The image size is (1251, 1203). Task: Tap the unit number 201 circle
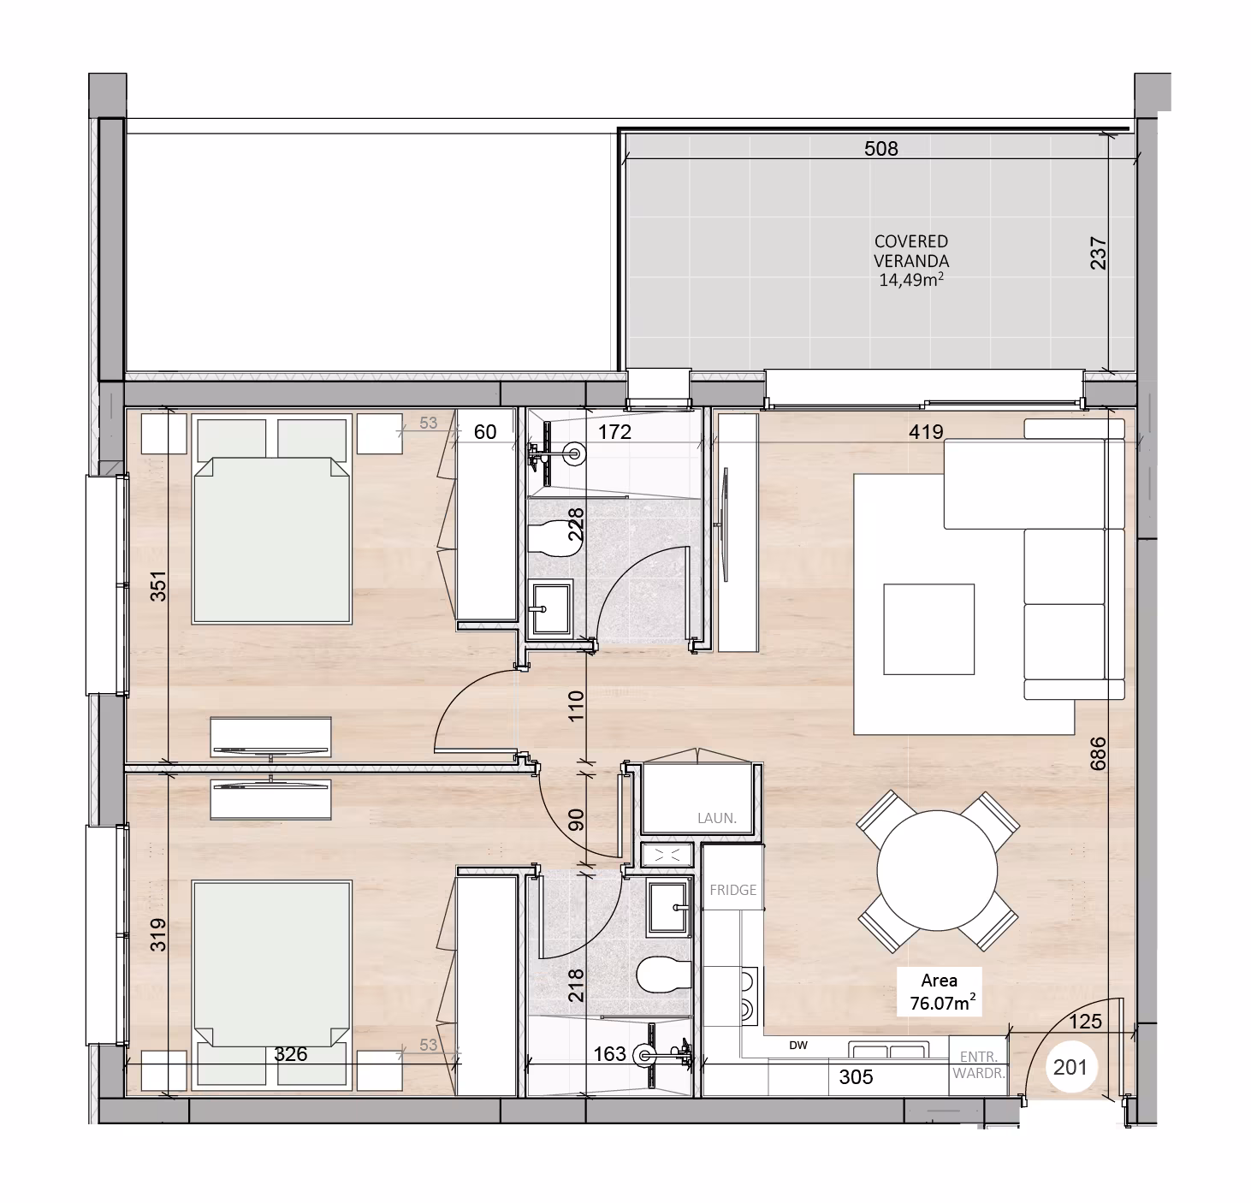point(1070,1067)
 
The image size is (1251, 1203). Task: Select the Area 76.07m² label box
point(940,992)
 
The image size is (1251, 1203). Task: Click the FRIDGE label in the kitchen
point(732,890)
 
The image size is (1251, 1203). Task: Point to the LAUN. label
point(717,819)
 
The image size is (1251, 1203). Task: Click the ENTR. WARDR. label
point(978,1064)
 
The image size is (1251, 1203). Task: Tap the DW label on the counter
point(797,1046)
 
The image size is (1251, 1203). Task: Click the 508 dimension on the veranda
point(880,149)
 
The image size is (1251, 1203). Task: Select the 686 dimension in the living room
point(1098,753)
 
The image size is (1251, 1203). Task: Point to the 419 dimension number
point(926,431)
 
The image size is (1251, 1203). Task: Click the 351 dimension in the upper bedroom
point(158,586)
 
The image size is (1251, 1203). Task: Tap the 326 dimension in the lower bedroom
point(291,1054)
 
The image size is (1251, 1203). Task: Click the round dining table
point(937,871)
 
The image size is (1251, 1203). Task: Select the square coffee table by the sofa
point(928,629)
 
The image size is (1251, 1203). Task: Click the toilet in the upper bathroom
point(555,539)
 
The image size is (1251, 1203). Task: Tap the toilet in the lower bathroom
point(663,974)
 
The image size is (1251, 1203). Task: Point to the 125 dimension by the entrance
point(1085,1021)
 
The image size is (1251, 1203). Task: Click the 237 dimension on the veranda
point(1099,253)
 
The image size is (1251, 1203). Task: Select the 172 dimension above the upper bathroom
point(614,432)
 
